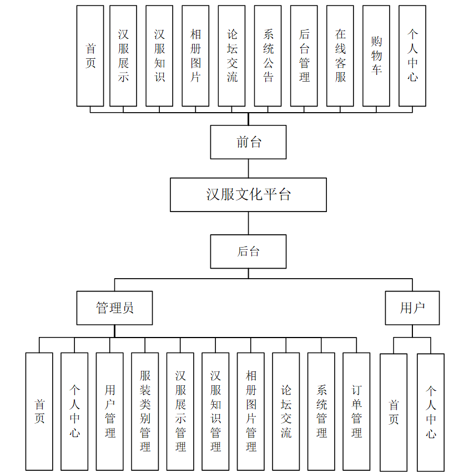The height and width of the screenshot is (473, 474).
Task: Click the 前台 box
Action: tap(248, 142)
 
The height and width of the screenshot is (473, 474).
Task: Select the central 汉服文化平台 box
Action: tap(248, 195)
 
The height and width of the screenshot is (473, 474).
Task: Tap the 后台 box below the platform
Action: tap(248, 251)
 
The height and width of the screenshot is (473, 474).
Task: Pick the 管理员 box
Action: tap(114, 308)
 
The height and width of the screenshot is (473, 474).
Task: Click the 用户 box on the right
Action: tap(412, 308)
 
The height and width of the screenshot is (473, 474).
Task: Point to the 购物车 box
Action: tap(376, 56)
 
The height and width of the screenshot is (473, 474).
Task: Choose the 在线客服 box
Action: tap(340, 56)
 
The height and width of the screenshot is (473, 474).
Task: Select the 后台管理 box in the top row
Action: tap(304, 56)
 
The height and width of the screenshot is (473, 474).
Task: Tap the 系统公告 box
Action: tap(268, 56)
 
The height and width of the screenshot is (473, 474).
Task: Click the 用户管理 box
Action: tap(110, 411)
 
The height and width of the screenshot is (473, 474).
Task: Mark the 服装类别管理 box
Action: tap(145, 411)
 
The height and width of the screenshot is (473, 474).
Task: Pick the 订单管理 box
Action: tap(356, 411)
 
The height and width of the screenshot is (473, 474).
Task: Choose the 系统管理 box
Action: tap(321, 411)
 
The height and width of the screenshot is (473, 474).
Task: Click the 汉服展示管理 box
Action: tap(180, 411)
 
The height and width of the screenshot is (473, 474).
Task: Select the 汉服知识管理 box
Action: tap(215, 411)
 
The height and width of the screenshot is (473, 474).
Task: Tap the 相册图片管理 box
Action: tap(251, 411)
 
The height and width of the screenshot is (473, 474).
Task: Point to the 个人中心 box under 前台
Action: tap(412, 56)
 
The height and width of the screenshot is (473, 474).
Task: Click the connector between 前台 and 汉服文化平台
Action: tap(248, 168)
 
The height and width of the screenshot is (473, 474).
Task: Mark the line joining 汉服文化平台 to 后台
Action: tap(248, 223)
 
